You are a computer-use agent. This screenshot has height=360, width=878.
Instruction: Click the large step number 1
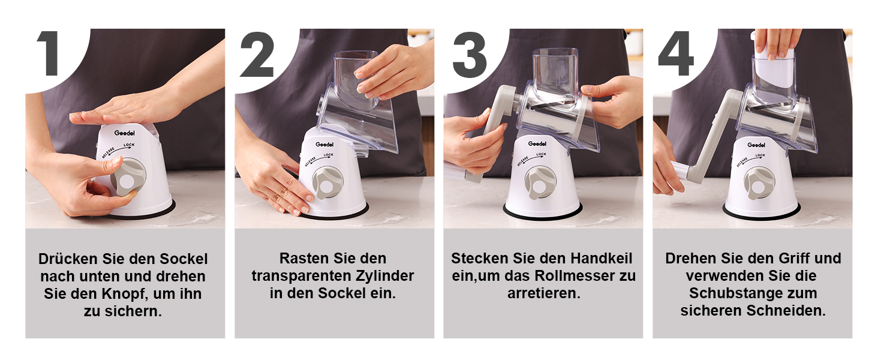point(49,54)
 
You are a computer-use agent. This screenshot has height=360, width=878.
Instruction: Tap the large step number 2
point(257,55)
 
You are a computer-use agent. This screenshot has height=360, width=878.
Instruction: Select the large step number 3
point(470,55)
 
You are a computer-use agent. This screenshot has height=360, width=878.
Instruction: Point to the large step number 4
point(676,54)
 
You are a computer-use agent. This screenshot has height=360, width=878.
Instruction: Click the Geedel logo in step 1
point(125,133)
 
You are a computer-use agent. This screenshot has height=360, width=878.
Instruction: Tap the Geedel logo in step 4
point(756,145)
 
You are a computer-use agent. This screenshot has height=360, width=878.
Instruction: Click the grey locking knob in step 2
point(327,182)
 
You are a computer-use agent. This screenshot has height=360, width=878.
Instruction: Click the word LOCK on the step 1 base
point(129,145)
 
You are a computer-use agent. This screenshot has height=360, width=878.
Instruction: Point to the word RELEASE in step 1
point(108,152)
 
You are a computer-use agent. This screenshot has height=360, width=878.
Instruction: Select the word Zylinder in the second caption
point(384,275)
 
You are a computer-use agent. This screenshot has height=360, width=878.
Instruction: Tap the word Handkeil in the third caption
point(602,259)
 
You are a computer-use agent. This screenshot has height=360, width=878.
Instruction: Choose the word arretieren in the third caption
point(544,293)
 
